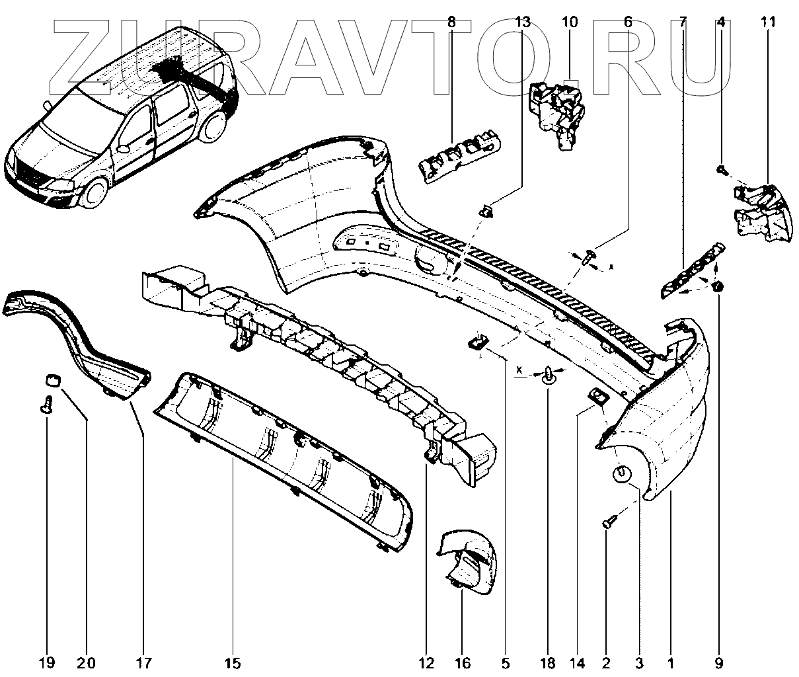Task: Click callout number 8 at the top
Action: (x=451, y=22)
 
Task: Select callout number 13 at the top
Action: (x=522, y=22)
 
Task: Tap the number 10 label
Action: (x=570, y=22)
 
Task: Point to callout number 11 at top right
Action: (x=767, y=22)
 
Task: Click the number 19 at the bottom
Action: (x=47, y=662)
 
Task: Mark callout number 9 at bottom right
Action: (x=719, y=662)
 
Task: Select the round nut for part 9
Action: (x=720, y=287)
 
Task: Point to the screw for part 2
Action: (x=609, y=523)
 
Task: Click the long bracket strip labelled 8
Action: (x=461, y=153)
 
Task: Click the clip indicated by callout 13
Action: (x=486, y=212)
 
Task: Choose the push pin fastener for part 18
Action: (x=549, y=376)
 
